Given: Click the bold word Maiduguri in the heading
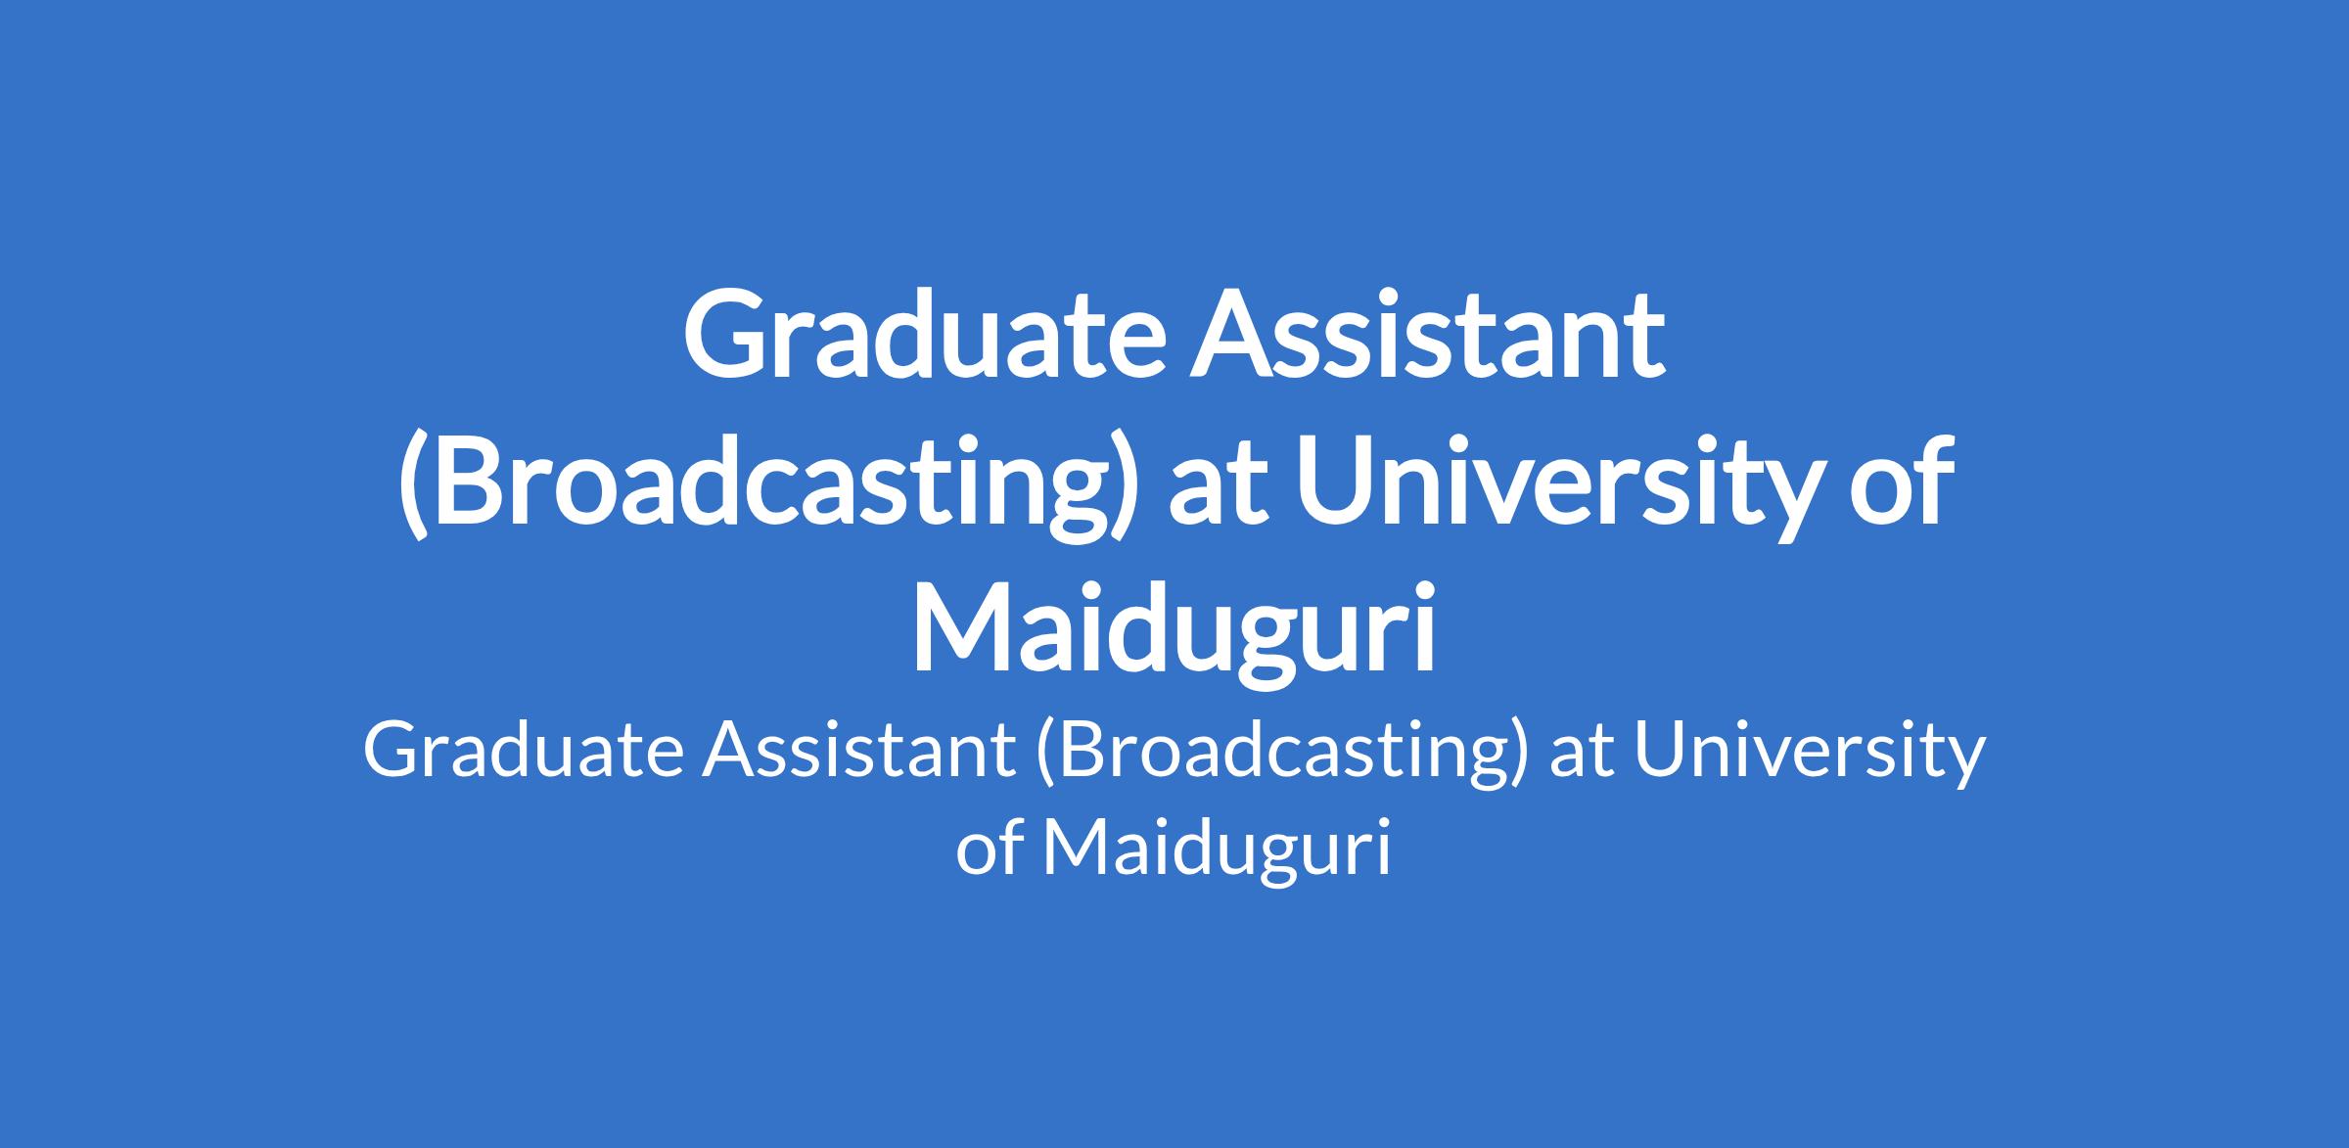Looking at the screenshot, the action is (x=1174, y=631).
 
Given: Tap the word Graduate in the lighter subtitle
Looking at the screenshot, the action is (x=524, y=752).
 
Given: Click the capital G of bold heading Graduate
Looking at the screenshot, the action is (x=724, y=334).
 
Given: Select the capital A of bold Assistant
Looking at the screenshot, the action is (x=1232, y=334).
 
